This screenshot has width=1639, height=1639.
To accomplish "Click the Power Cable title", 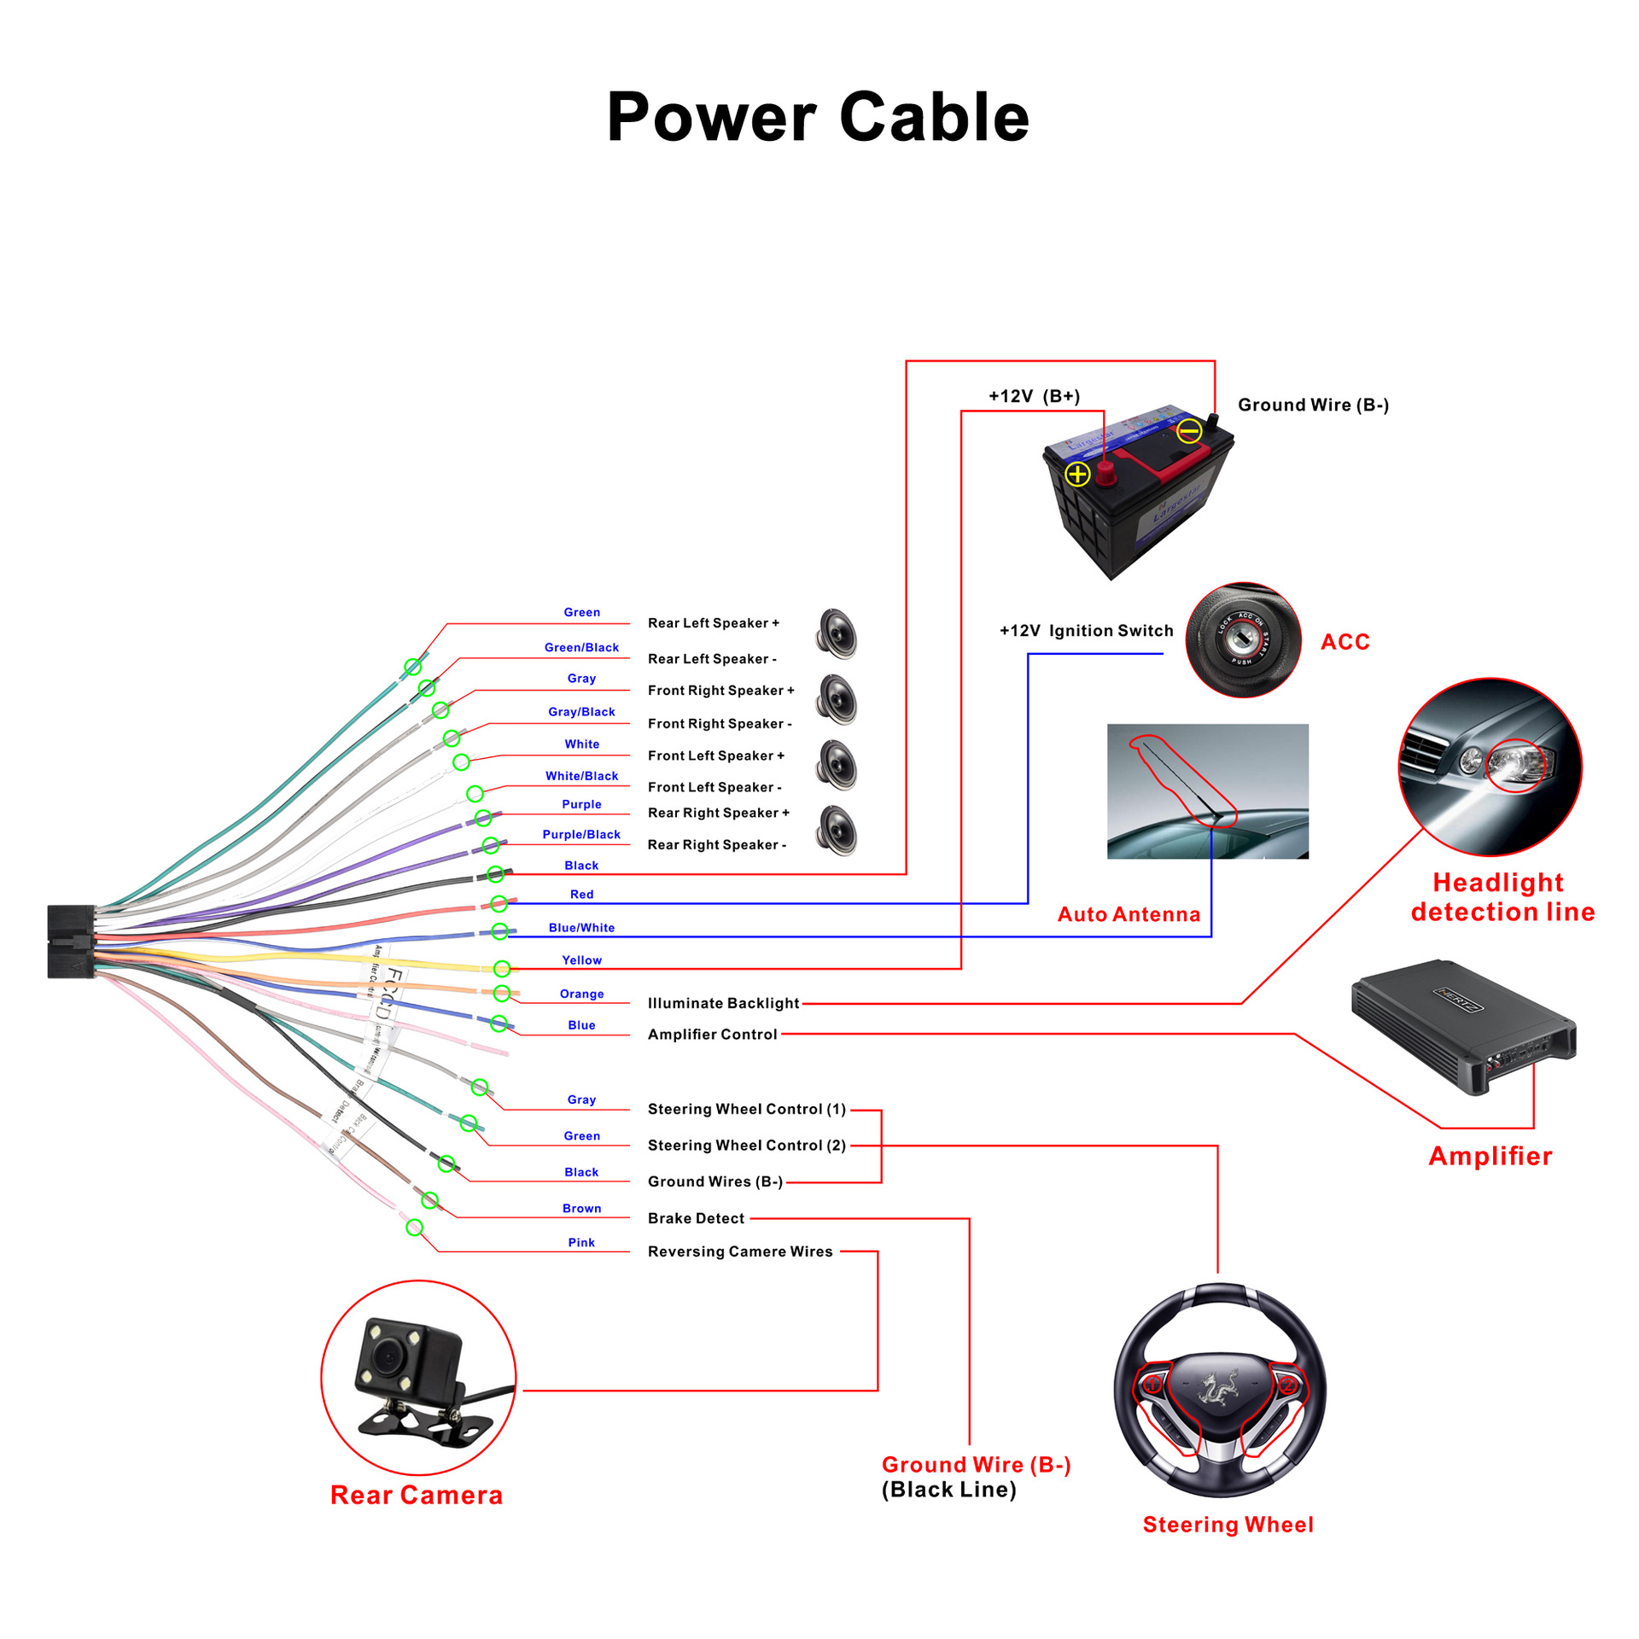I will pos(818,117).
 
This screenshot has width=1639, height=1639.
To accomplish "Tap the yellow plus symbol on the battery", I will pos(1077,474).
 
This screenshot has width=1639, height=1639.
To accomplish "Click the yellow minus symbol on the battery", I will pos(1189,431).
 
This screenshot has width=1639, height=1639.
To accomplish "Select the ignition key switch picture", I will pos(1243,639).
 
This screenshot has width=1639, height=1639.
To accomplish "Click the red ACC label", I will pos(1344,642).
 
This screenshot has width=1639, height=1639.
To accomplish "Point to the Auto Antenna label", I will pos(1129,914).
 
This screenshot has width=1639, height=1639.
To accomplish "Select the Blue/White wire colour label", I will pos(581,928).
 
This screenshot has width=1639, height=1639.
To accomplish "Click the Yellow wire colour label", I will pos(581,960).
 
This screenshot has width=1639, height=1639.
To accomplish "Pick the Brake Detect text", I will pos(696,1218).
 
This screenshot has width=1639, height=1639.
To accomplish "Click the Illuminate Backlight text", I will pos(723,1003).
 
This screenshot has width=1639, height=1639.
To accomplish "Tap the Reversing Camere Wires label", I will pos(740,1251).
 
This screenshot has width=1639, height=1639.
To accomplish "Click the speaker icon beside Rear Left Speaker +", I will pos(837,633).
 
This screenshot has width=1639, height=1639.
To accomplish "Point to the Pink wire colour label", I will pos(581,1243).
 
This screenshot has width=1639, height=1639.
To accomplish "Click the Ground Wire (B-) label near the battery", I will pos(1313,405).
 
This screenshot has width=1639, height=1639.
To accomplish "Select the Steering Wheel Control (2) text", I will pos(746,1146).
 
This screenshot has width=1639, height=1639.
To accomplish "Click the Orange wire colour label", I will pos(581,994).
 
